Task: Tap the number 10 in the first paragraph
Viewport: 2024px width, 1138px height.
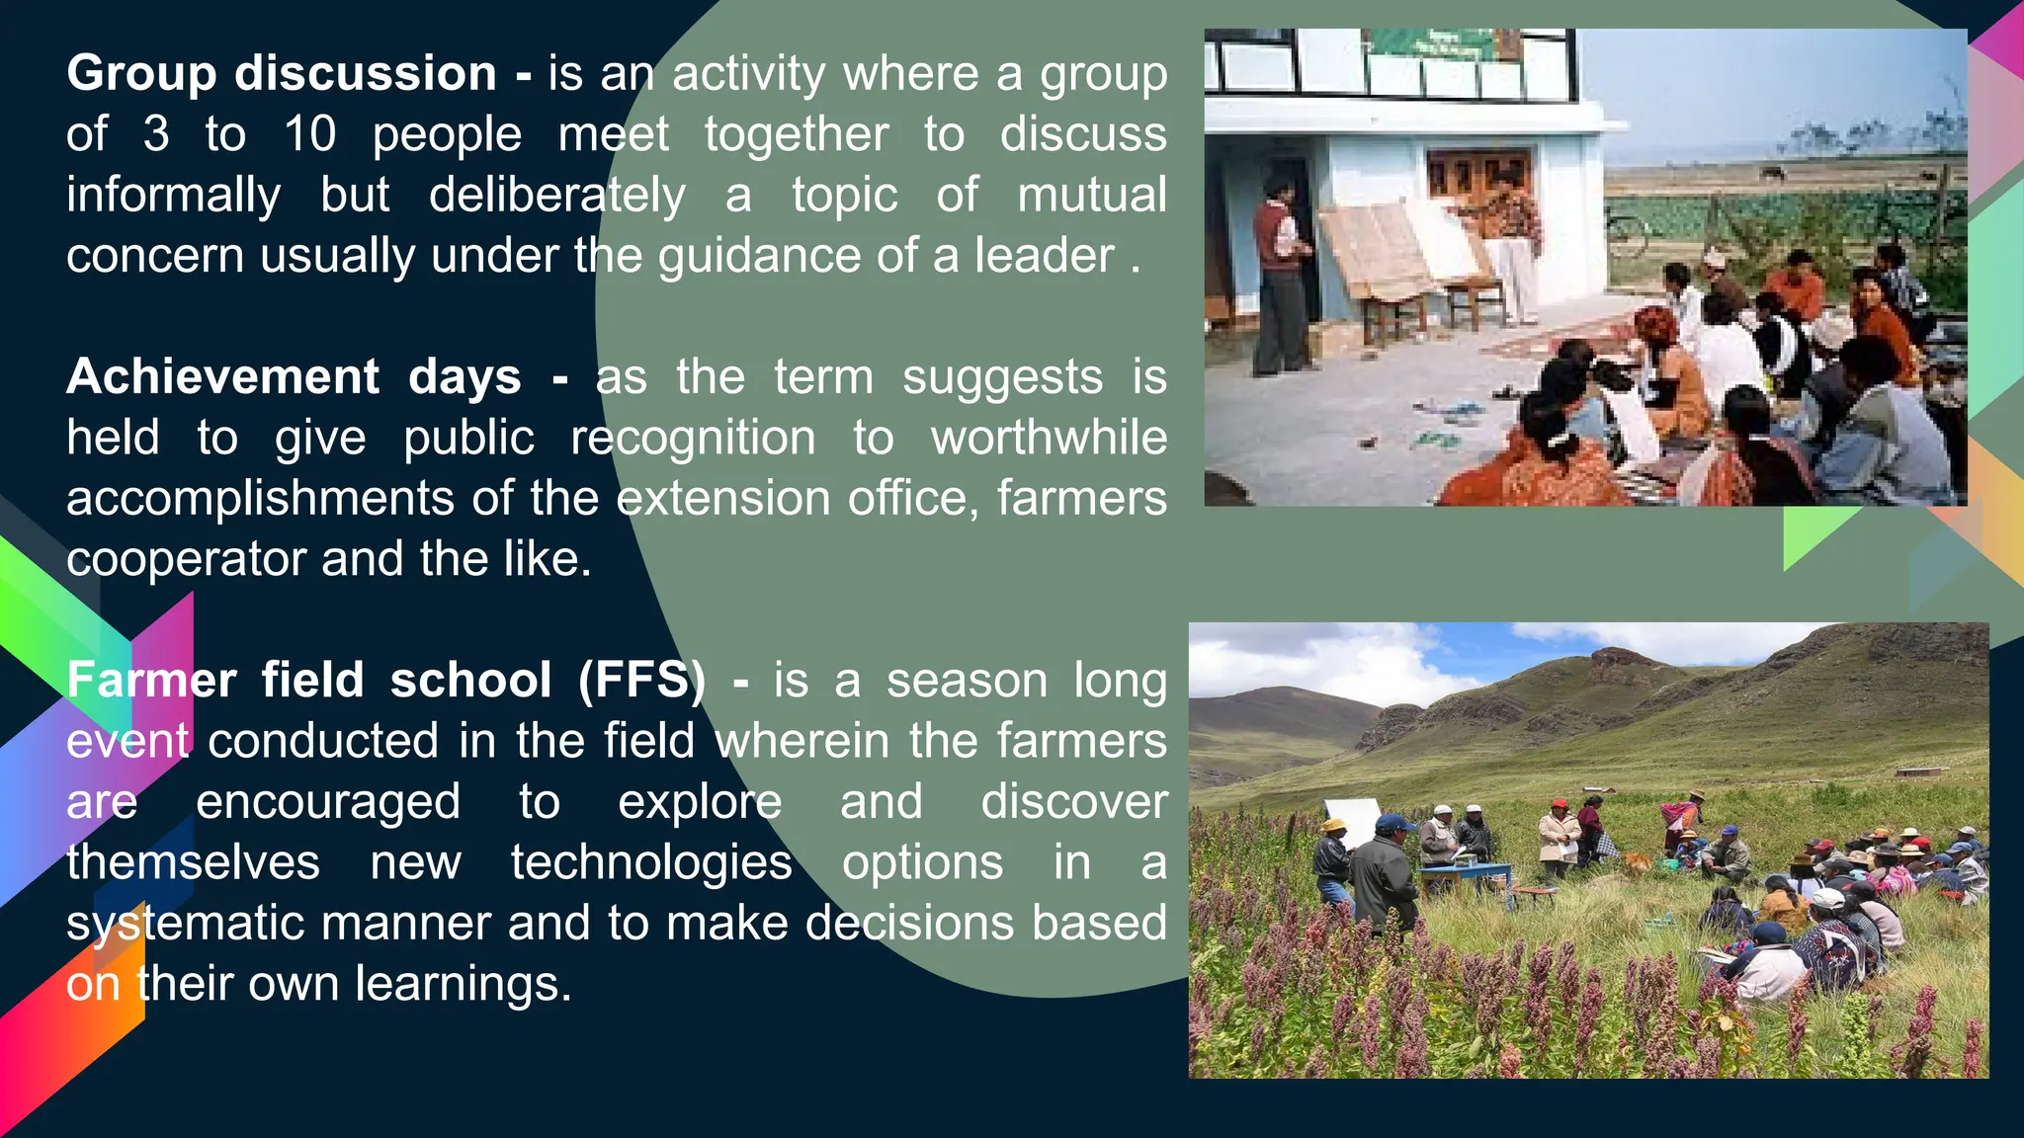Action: (309, 134)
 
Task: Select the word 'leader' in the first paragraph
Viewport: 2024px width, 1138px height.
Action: (1045, 256)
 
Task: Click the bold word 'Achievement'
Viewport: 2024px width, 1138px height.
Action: (222, 377)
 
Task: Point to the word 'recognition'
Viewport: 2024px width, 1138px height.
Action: (693, 439)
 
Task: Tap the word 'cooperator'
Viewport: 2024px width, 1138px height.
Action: (186, 560)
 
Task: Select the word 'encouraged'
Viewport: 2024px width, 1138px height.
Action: (327, 802)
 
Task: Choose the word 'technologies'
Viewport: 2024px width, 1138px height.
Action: (651, 862)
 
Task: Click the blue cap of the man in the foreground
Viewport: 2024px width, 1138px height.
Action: (1393, 822)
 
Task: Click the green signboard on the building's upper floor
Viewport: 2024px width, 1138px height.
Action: (1433, 42)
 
